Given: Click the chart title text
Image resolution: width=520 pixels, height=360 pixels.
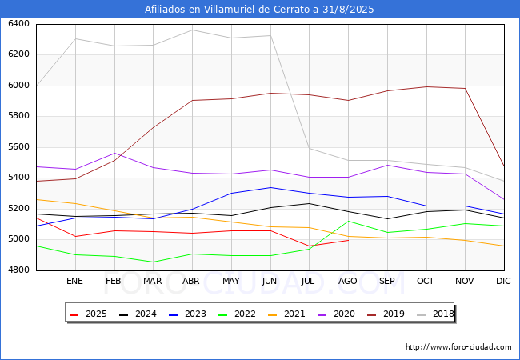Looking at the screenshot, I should [x=259, y=10].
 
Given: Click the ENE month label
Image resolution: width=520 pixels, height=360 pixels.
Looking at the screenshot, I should [x=74, y=281].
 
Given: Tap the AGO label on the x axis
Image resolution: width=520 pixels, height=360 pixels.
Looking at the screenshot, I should [x=348, y=281].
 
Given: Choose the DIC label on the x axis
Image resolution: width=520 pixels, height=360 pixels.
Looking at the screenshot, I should [x=503, y=281].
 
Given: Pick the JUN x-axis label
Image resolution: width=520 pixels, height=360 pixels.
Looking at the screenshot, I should [x=270, y=281].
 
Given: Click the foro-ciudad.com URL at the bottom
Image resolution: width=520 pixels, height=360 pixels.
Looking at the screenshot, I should [x=458, y=347].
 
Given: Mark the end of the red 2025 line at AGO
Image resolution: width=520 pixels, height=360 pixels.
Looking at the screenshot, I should [x=348, y=240].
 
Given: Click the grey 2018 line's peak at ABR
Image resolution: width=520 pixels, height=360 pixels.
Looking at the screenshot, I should [x=192, y=30].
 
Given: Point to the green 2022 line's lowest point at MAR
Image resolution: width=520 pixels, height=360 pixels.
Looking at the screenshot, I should [x=153, y=262].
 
